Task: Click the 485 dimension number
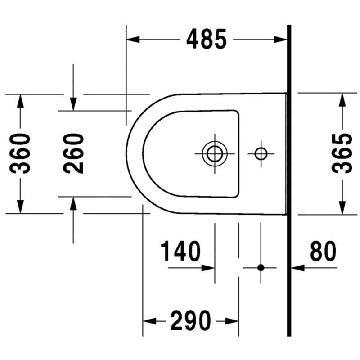[207, 39]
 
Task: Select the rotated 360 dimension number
[20, 153]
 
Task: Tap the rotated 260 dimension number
[73, 153]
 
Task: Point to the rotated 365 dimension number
[342, 153]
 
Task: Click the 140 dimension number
[180, 251]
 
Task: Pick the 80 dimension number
[323, 251]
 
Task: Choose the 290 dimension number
[190, 321]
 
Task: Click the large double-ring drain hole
[215, 153]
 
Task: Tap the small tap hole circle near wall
[261, 153]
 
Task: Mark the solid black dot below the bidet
[261, 268]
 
